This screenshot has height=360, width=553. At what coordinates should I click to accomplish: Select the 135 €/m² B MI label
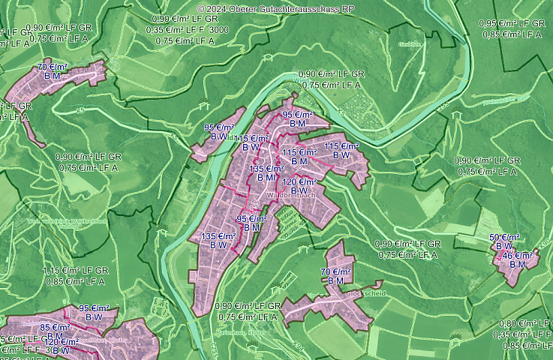(x=266, y=173)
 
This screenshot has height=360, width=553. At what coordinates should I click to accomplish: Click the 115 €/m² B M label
(x=299, y=157)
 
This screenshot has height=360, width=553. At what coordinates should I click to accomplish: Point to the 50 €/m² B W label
(x=504, y=241)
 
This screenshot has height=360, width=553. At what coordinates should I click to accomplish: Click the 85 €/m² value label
(x=55, y=328)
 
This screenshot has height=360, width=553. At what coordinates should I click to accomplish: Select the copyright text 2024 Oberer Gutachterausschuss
(x=275, y=8)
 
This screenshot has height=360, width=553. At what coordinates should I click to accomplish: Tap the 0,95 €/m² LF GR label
(x=512, y=23)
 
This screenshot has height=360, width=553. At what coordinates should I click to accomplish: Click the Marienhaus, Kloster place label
(x=248, y=331)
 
